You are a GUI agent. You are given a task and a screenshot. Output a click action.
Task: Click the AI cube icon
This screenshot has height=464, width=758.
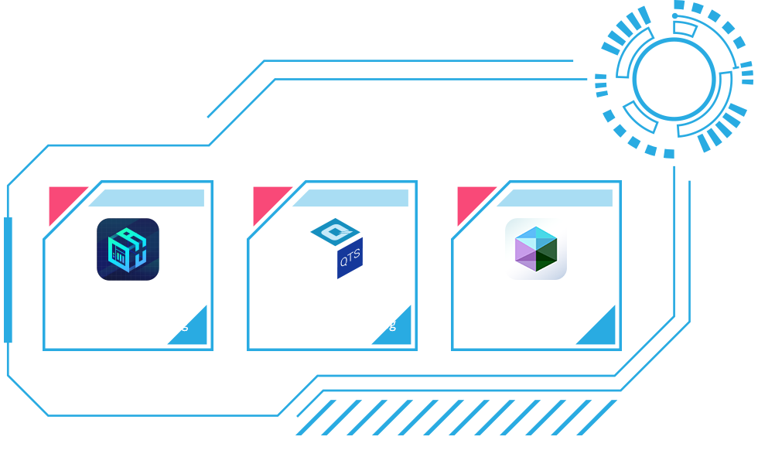point(128,249)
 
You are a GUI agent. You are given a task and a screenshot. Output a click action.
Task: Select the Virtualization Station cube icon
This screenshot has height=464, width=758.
point(536,249)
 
